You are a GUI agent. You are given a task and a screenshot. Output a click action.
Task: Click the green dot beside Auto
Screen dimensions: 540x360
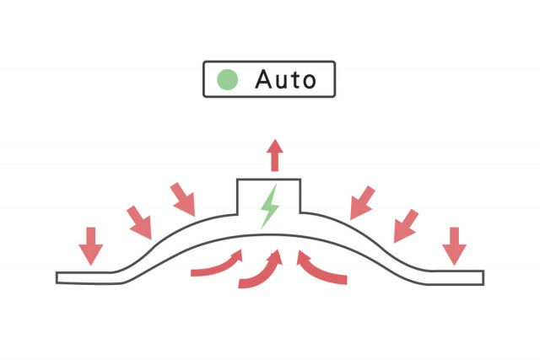227,79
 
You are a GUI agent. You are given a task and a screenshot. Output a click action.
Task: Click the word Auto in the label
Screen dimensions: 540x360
285,79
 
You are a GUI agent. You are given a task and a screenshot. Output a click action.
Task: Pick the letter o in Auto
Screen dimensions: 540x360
309,82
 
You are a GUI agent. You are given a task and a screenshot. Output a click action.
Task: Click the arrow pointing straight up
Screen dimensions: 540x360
274,155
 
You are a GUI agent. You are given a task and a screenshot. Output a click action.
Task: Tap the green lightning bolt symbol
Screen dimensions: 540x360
270,207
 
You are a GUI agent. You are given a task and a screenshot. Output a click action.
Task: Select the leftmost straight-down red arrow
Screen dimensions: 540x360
91,246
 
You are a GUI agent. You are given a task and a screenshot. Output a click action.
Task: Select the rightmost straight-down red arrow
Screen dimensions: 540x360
455,246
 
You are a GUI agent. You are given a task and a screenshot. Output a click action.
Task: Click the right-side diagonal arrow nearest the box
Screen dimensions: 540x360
362,202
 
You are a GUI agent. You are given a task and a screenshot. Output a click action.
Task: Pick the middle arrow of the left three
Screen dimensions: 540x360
140,223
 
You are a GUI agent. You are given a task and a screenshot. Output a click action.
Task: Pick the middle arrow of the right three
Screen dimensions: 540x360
406,226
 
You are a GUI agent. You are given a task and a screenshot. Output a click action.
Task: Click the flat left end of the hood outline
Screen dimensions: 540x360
57,277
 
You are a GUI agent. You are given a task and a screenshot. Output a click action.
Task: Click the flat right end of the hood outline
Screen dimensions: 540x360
483,277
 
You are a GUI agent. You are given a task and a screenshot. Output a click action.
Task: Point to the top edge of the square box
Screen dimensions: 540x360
268,179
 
